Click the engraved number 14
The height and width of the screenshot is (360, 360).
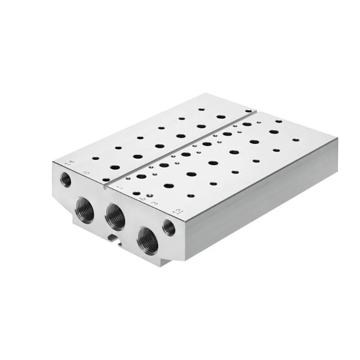(68, 163)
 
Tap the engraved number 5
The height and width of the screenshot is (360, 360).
(87, 171)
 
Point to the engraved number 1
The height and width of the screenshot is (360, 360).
(120, 184)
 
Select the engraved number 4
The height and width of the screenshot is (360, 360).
(144, 197)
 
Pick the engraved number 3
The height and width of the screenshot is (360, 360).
(154, 203)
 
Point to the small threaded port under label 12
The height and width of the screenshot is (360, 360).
(169, 228)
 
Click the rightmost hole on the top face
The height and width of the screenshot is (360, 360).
(295, 139)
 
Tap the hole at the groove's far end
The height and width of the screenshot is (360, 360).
(248, 110)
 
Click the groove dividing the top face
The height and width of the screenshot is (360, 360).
(180, 144)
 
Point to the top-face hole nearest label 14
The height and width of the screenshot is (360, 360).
(95, 158)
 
